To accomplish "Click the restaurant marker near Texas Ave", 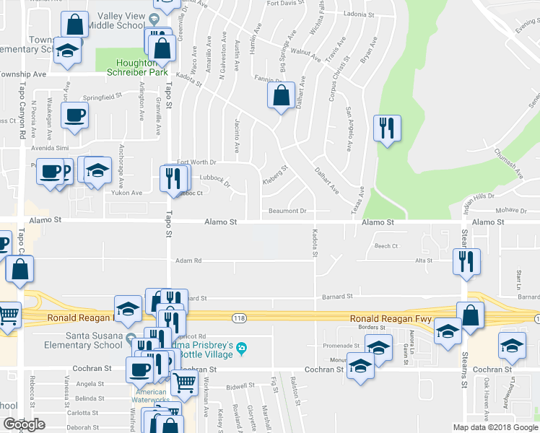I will tap(387, 128).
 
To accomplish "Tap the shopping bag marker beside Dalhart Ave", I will tap(280, 95).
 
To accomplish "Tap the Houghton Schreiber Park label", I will tap(136, 68).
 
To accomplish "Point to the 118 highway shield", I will tap(239, 318).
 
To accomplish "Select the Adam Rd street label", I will tap(188, 261).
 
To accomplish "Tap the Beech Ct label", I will tap(386, 246).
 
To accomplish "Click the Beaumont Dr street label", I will tap(288, 211).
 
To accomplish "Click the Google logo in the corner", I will tap(24, 425).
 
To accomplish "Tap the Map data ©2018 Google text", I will tap(495, 427).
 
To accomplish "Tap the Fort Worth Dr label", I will tap(196, 162).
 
